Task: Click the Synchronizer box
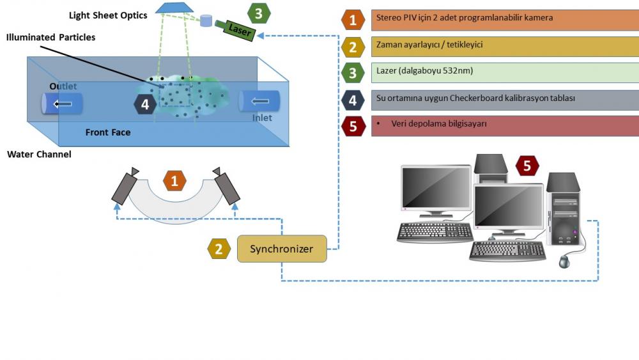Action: click(282, 249)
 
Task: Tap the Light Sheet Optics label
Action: click(108, 15)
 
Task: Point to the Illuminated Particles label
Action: click(50, 38)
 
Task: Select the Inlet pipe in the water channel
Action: click(259, 101)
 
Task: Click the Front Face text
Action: click(108, 132)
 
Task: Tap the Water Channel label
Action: click(39, 155)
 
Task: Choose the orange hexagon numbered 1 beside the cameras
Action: click(174, 181)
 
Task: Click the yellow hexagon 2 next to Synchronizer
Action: click(219, 249)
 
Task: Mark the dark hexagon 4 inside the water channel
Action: click(145, 104)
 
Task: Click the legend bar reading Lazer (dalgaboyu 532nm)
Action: click(505, 72)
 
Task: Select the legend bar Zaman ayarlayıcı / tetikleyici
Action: click(505, 45)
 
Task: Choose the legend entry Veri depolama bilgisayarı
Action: click(505, 125)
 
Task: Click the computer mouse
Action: click(564, 261)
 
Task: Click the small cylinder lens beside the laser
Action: click(206, 20)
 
